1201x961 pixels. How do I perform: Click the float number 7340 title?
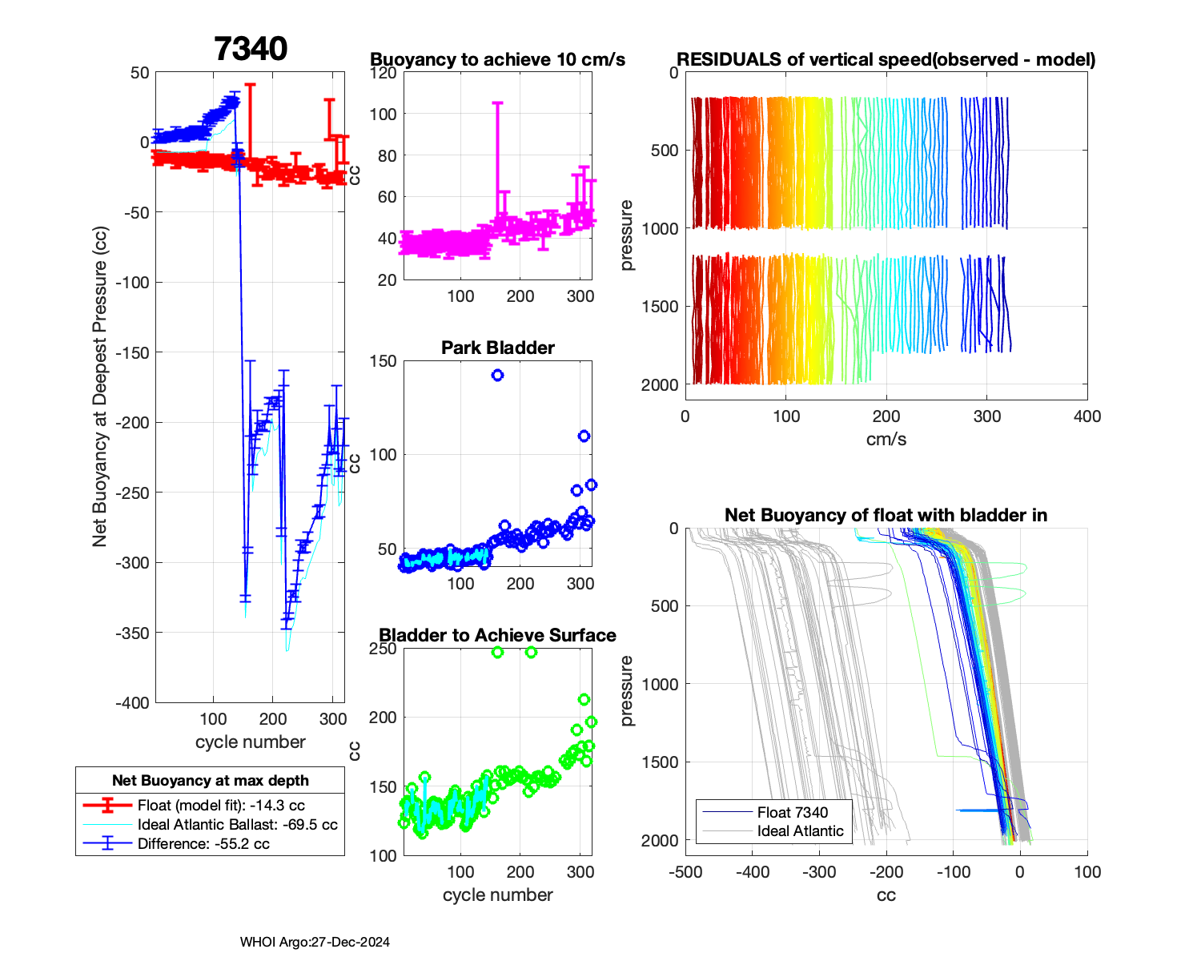click(251, 49)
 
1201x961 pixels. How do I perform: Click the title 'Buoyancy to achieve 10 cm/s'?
click(497, 60)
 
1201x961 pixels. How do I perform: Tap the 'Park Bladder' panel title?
click(498, 348)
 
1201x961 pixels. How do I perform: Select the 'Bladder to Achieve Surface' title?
click(497, 635)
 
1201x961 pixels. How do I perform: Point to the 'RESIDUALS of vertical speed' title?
click(886, 60)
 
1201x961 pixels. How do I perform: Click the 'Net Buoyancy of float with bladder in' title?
click(886, 515)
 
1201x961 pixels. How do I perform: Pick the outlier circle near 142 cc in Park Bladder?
click(497, 375)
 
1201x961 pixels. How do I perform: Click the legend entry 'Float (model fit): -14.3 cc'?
click(221, 806)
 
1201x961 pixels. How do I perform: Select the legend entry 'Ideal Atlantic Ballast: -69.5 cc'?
click(237, 825)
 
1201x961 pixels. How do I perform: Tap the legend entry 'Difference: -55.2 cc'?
click(203, 844)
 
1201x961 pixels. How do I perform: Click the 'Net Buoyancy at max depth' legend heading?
click(210, 781)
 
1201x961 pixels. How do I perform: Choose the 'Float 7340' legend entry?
click(792, 812)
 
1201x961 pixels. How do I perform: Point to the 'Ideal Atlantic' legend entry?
click(800, 831)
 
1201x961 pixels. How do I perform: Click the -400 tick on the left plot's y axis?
click(133, 703)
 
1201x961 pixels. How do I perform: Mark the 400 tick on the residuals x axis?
click(1087, 416)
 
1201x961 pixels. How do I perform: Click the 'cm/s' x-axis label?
click(886, 440)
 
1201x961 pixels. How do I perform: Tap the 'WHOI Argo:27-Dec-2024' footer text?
click(315, 943)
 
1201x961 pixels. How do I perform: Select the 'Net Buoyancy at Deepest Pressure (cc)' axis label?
click(99, 387)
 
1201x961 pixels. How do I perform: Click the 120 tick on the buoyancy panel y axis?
click(384, 73)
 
